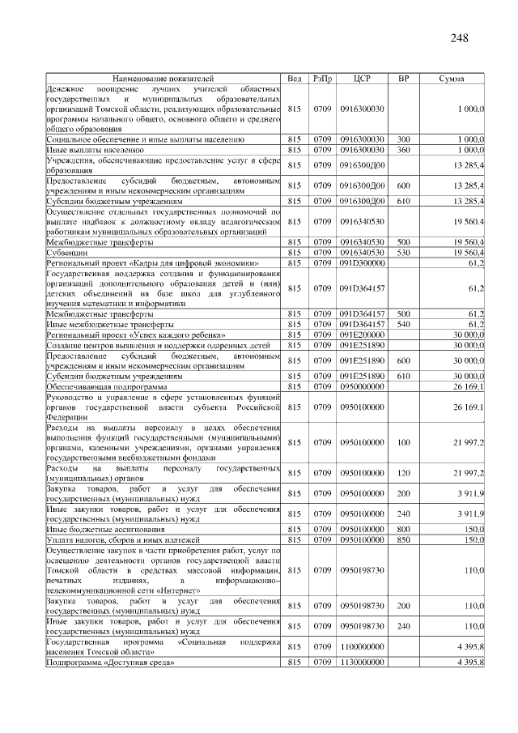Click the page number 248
tap(459, 38)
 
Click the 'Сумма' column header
tap(451, 79)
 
